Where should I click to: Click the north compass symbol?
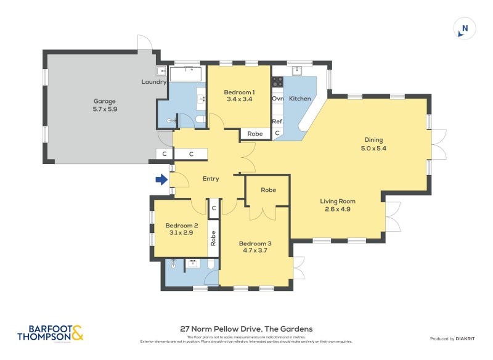pos(465,28)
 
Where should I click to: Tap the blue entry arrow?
pos(161,180)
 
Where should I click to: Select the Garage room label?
pos(104,101)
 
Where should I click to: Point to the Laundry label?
pos(154,82)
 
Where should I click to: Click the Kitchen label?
pos(300,99)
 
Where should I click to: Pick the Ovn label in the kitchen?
pos(277,99)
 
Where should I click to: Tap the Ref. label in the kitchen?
pos(277,121)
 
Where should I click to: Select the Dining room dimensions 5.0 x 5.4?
pos(374,148)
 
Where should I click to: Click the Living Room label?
pos(337,201)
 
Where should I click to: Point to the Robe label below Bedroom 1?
pos(255,134)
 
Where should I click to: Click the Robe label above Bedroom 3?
pos(268,190)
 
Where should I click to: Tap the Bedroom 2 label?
pos(181,226)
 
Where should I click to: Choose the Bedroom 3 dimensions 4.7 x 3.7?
pos(255,252)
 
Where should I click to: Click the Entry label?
pos(211,179)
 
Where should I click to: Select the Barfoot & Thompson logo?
pos(50,333)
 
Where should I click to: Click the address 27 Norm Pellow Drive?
pos(246,329)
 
